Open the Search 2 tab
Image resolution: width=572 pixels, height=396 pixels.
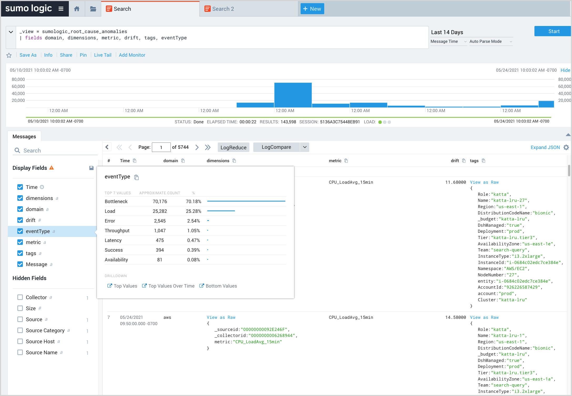223,9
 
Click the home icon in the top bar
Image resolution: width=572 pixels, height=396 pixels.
77,9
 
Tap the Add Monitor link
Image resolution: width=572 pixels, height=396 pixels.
132,55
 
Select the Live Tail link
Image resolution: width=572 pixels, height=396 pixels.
102,55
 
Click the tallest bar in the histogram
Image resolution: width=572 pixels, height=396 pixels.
293,95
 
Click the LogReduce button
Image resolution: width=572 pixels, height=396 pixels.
233,147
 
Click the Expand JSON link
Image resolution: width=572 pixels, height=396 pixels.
545,147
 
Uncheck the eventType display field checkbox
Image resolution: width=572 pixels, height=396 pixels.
20,231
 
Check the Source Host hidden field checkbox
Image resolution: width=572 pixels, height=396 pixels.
20,341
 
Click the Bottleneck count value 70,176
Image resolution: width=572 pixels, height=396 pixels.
160,202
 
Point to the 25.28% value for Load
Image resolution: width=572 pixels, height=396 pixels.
193,211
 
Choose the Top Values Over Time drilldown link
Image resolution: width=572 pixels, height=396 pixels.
171,286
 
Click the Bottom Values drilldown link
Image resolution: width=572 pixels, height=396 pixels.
221,286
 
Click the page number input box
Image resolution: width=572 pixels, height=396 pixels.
161,147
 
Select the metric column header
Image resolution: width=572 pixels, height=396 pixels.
335,161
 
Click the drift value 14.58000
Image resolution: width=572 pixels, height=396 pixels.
455,318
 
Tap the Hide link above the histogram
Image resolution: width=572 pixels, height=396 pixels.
565,70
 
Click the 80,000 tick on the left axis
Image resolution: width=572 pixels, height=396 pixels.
18,79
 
